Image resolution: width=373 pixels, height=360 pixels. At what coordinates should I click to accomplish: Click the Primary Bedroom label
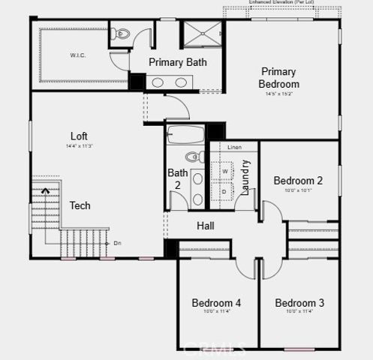tap(279, 78)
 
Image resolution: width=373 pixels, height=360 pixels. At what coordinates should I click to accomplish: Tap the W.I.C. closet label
tap(77, 55)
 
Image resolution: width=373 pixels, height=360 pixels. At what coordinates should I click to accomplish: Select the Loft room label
tap(79, 136)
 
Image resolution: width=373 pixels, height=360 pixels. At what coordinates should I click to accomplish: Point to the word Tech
tap(80, 205)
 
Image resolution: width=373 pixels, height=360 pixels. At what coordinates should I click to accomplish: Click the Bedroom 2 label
tap(298, 181)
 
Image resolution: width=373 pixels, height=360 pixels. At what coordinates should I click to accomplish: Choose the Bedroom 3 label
tap(299, 303)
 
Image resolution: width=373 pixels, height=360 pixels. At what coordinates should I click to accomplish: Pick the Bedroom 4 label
tap(216, 303)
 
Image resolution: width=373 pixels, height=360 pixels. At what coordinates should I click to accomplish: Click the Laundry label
tap(245, 178)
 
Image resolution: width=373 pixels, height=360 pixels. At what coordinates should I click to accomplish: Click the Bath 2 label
tap(178, 178)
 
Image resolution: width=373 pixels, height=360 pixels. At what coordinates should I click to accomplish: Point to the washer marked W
tap(224, 172)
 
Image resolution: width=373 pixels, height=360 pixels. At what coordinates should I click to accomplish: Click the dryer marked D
tap(224, 191)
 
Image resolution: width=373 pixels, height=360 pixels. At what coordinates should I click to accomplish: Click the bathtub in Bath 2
tap(186, 136)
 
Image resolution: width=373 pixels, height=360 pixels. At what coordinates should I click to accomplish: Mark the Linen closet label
tap(234, 147)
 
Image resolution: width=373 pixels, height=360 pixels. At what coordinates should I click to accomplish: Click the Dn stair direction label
tap(117, 243)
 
